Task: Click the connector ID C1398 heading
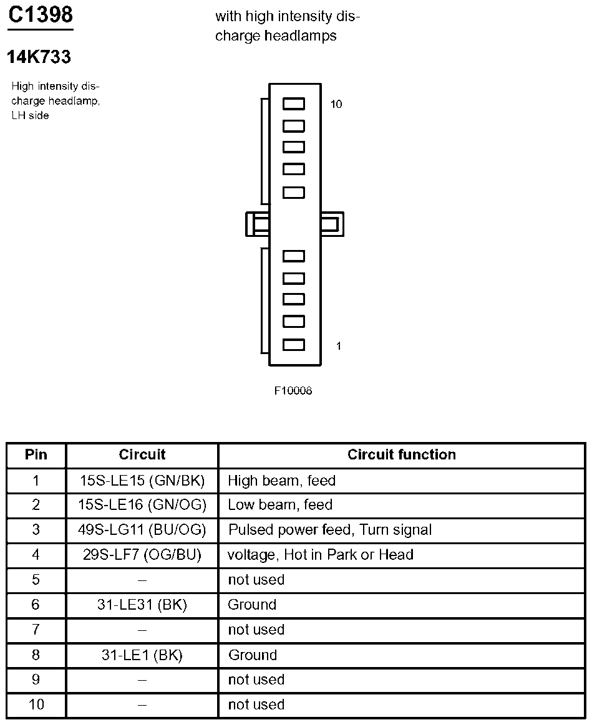point(41,14)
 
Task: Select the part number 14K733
point(39,57)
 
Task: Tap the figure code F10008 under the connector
point(293,391)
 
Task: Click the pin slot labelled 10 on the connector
point(294,104)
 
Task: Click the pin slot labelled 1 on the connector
point(294,345)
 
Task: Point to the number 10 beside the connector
point(336,104)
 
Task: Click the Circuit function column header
point(401,454)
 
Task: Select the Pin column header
point(36,454)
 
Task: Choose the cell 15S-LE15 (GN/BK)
point(142,481)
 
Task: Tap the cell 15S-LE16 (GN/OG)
point(142,505)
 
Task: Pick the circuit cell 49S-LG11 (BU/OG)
point(142,530)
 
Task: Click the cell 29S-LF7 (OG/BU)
point(142,555)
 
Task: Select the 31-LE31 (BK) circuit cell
point(142,605)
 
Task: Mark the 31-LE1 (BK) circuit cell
point(142,655)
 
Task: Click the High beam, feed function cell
point(282,481)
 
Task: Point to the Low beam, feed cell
point(280,505)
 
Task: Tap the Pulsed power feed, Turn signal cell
point(330,530)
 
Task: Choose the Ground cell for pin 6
point(252,605)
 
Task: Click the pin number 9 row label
point(36,679)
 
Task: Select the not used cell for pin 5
point(256,580)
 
